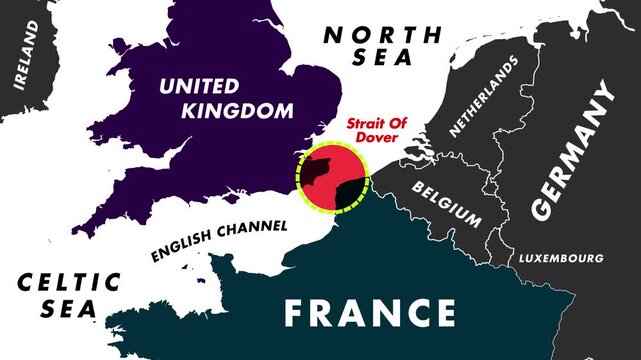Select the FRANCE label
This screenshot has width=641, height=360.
[369, 312]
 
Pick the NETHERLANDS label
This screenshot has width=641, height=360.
[485, 95]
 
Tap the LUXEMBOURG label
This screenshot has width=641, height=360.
[560, 259]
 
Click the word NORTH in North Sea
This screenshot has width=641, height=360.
[383, 34]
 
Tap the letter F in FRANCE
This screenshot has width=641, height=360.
[296, 313]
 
